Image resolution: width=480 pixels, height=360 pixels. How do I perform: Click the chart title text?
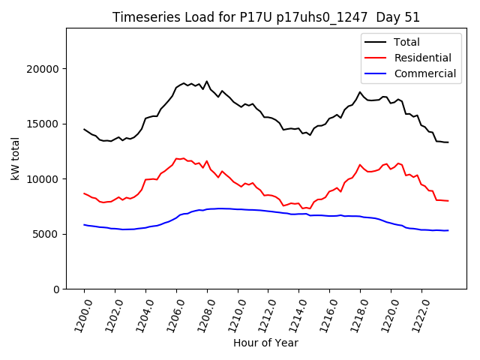pos(266,17)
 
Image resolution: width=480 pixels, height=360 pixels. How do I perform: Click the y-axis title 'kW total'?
pos(15,158)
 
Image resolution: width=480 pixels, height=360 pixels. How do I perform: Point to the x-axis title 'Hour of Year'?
pos(265,343)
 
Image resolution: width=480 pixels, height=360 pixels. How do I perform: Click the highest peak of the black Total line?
pos(207,81)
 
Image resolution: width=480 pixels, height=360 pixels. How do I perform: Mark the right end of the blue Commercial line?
pos(448,230)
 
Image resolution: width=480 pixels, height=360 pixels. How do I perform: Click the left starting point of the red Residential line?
pos(85,193)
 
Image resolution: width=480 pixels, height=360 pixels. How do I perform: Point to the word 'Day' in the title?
pos(383,17)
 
